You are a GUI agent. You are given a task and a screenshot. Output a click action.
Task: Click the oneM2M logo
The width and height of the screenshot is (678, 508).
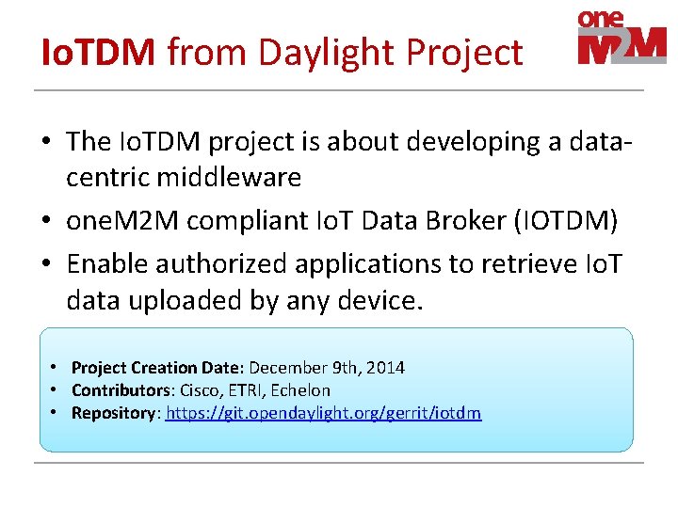621,38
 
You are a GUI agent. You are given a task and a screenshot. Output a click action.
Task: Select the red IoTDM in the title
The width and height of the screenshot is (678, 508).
99,53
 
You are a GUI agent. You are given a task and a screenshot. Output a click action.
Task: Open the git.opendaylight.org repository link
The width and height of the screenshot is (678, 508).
324,413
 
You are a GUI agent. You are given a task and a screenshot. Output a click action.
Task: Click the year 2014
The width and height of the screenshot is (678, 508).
385,368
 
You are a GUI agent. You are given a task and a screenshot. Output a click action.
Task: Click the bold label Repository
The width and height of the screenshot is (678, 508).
113,413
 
